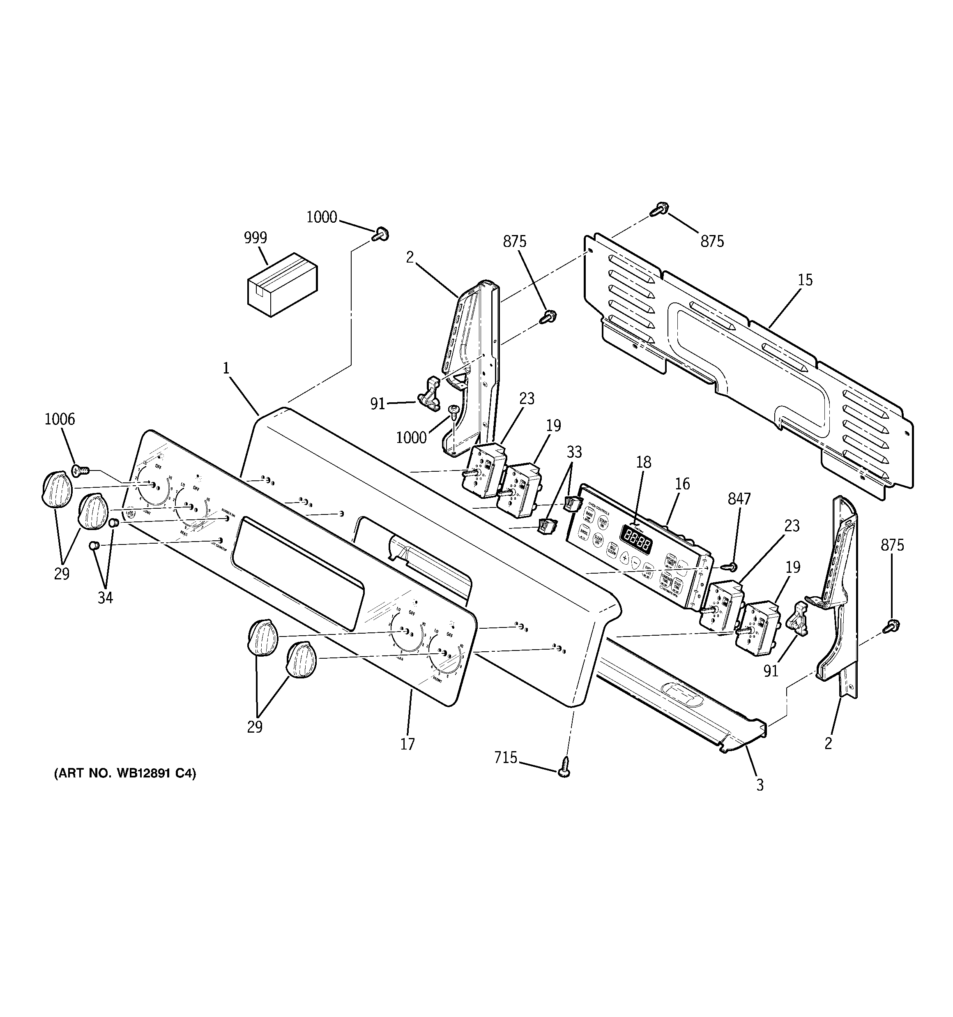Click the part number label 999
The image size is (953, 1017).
255,238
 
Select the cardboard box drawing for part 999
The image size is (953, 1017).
282,284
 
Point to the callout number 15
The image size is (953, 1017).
805,280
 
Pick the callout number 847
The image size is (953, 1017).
739,498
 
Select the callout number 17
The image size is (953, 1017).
407,744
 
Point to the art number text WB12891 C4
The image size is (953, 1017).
125,773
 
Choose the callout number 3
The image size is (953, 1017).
760,785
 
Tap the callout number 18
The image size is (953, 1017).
644,462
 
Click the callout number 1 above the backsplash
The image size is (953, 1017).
226,368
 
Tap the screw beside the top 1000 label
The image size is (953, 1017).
381,235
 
